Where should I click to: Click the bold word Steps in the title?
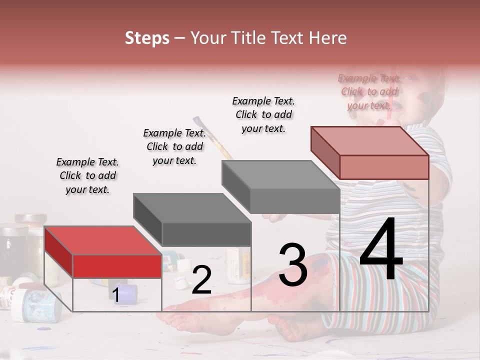pos(147,38)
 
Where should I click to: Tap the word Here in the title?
pos(327,38)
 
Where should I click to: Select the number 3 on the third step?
pos(292,265)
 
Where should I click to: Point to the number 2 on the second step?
pos(201,280)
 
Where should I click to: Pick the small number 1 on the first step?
pos(115,295)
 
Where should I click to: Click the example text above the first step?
pos(87,175)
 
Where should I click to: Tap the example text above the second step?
pos(174,146)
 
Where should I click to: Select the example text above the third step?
pos(263,114)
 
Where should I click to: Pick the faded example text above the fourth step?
pos(369,91)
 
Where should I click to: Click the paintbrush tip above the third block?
pos(197,121)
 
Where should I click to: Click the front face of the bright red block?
pos(117,266)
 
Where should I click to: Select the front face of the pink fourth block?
pos(384,167)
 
